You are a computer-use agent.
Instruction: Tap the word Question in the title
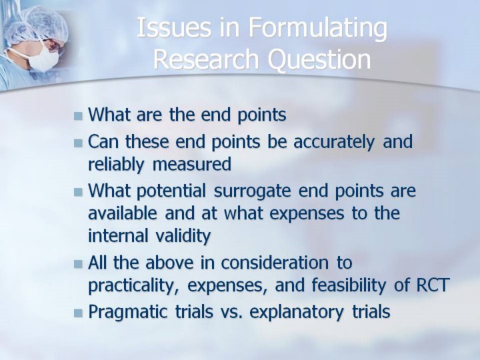click(x=319, y=59)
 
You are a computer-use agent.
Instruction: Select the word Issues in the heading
click(x=174, y=27)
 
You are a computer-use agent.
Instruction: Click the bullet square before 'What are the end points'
click(x=79, y=116)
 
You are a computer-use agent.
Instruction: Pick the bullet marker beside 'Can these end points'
click(x=79, y=143)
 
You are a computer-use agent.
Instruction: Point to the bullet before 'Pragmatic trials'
click(x=79, y=313)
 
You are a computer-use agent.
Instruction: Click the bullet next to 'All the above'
click(x=79, y=263)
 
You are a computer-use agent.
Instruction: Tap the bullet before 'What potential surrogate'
click(x=79, y=192)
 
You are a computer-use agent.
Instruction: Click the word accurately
click(x=334, y=143)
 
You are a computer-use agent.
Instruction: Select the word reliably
click(x=116, y=165)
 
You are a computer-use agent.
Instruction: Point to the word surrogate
click(x=252, y=192)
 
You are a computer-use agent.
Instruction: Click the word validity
click(x=183, y=236)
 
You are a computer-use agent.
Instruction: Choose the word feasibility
click(x=349, y=285)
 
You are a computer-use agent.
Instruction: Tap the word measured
click(x=191, y=164)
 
